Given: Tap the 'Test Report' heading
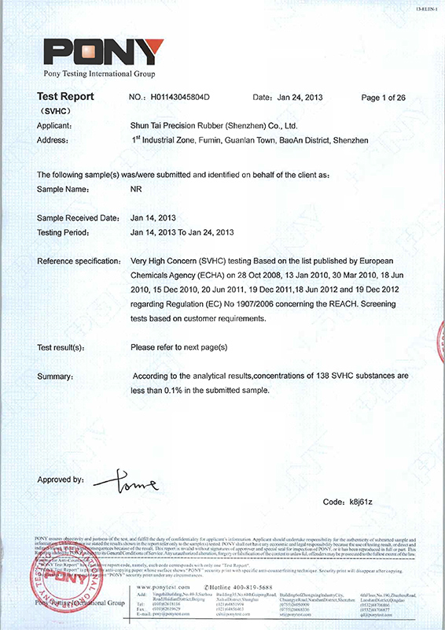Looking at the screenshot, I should click(x=65, y=97).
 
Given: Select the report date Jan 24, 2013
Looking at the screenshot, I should click(x=300, y=98).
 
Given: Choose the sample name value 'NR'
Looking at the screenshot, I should click(x=136, y=190).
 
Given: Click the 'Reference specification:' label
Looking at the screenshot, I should click(x=78, y=260).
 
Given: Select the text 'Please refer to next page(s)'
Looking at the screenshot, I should click(x=178, y=347).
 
